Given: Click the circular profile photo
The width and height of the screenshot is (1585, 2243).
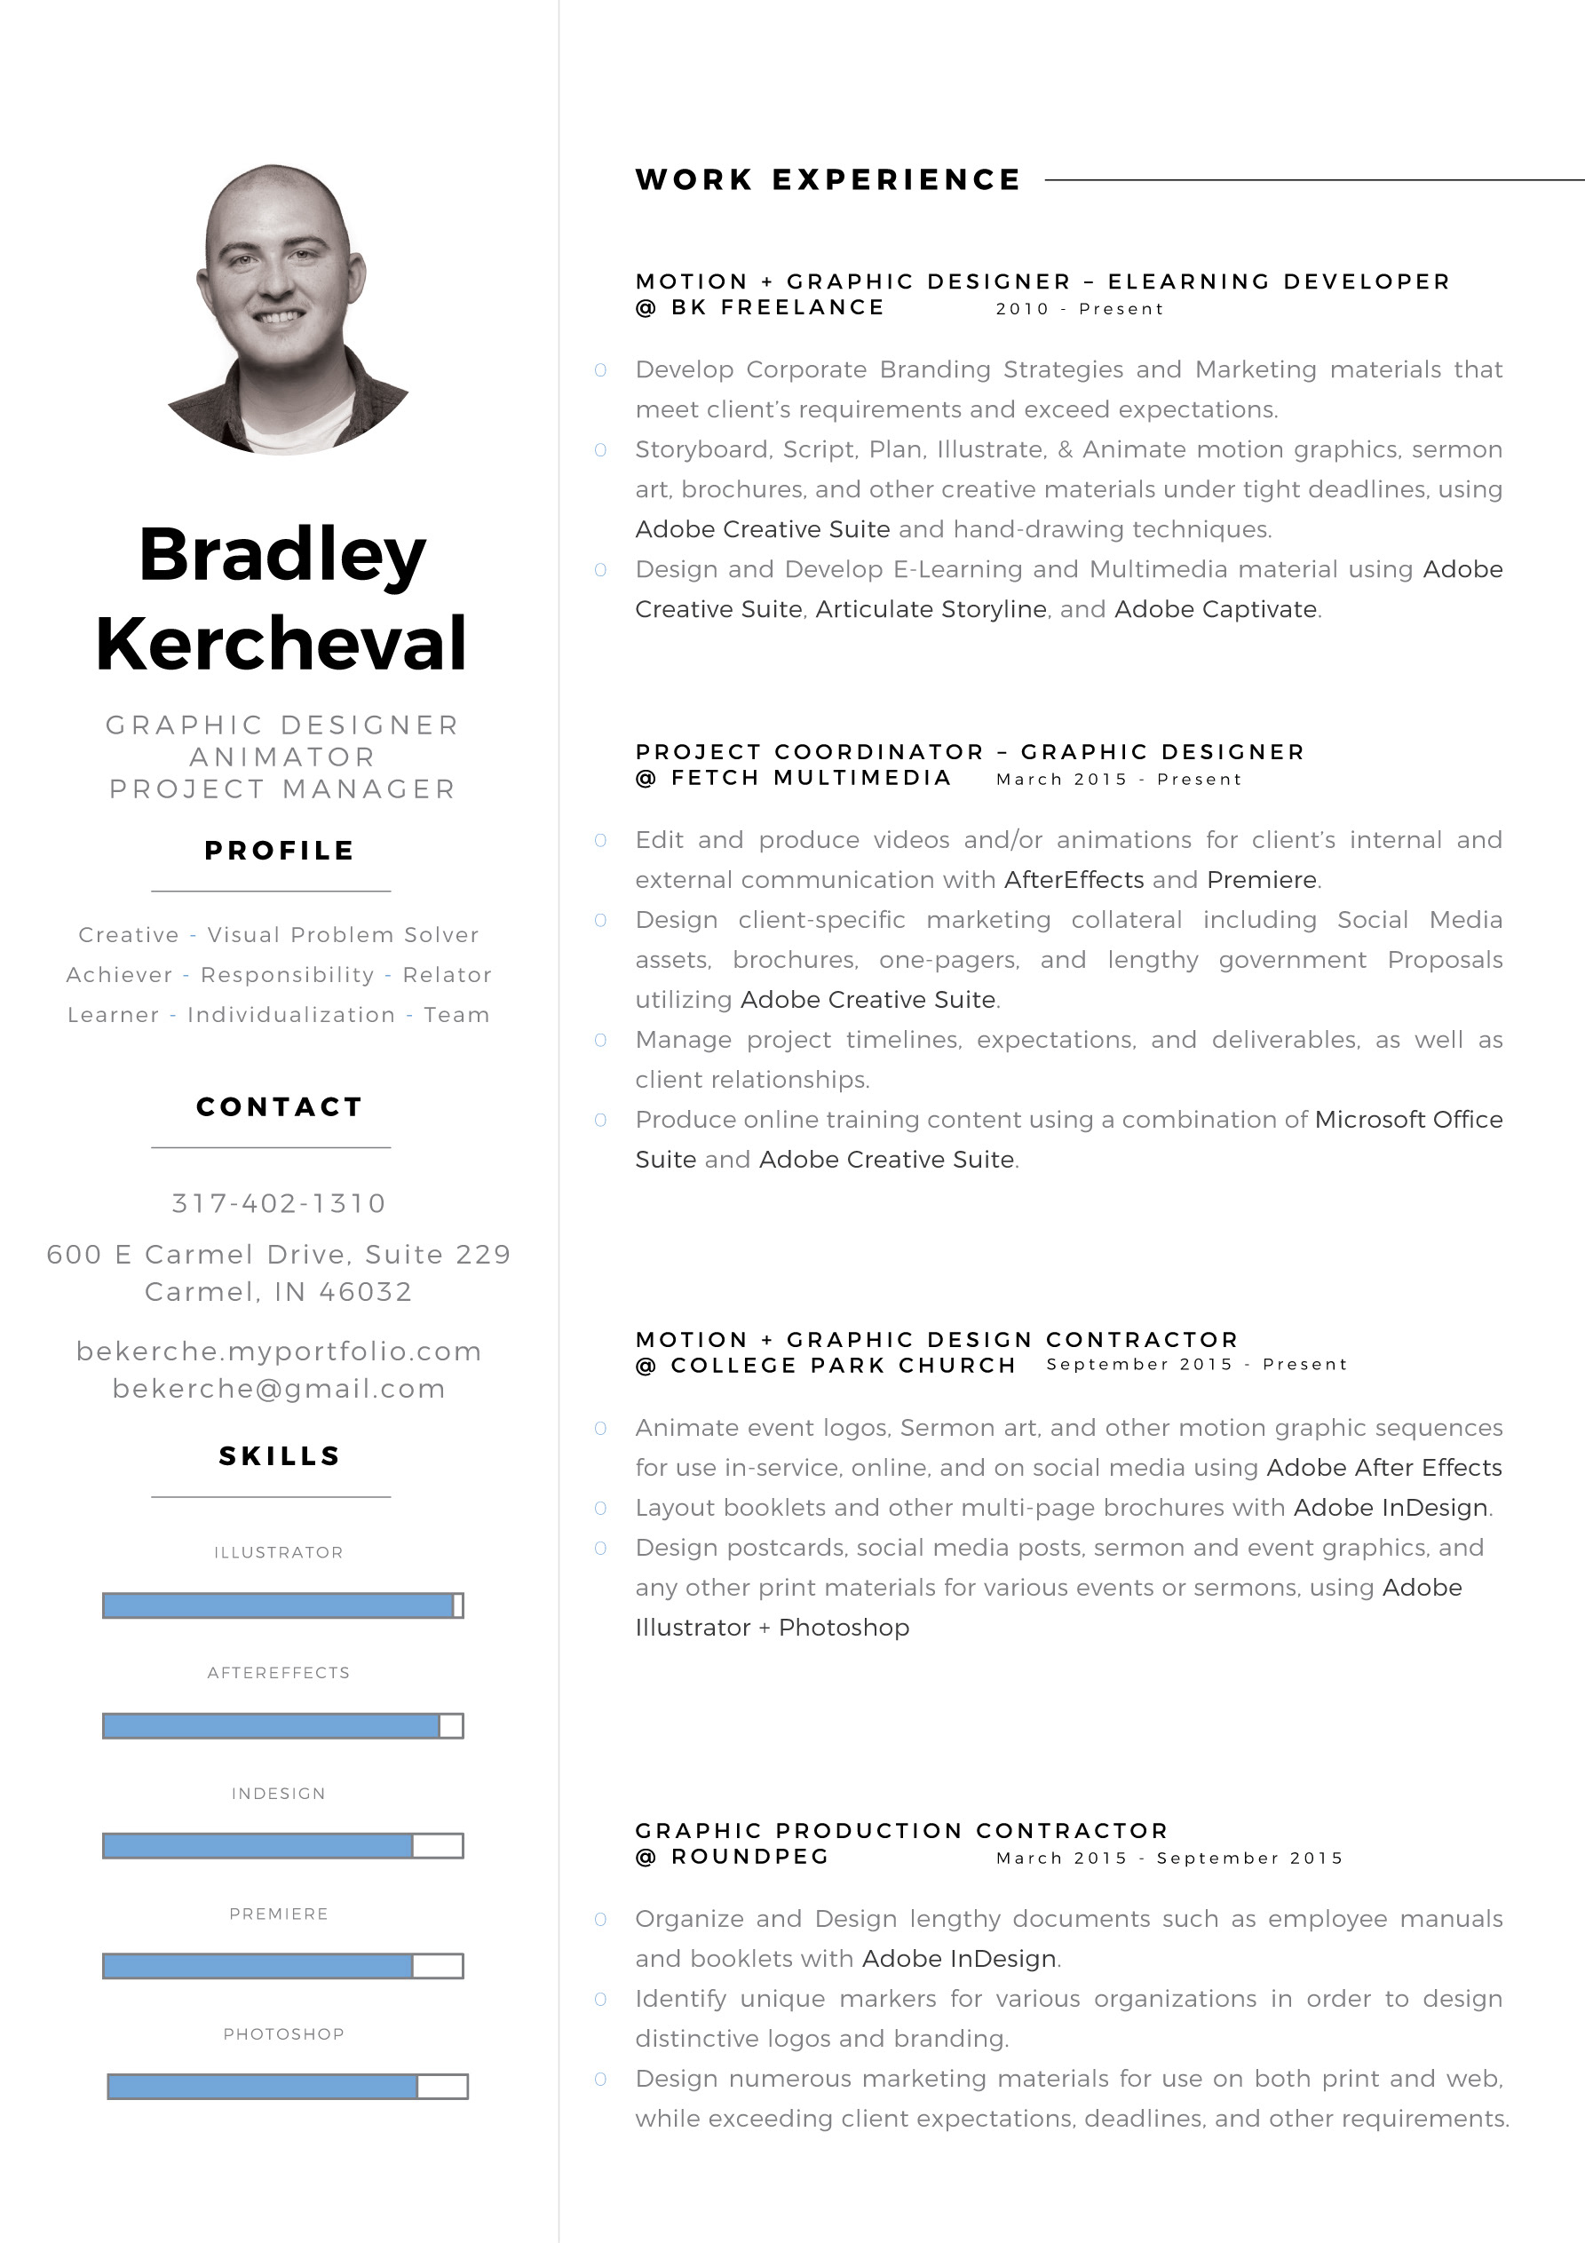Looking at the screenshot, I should pyautogui.click(x=283, y=309).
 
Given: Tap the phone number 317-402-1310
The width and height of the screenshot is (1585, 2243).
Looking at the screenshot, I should pyautogui.click(x=280, y=1202).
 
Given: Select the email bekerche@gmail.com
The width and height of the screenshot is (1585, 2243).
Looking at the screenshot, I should pyautogui.click(x=280, y=1388).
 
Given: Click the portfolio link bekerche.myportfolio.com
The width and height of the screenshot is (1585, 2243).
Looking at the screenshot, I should pyautogui.click(x=280, y=1351).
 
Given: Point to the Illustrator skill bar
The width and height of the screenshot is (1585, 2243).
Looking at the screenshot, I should pyautogui.click(x=282, y=1605).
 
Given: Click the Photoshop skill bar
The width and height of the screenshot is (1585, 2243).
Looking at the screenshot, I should pyautogui.click(x=288, y=2086).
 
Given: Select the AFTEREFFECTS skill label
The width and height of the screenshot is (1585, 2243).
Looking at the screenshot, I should pyautogui.click(x=279, y=1672).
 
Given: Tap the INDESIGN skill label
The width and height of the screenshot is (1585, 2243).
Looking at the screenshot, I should pyautogui.click(x=279, y=1794).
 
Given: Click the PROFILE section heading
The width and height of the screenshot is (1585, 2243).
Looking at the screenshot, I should pyautogui.click(x=280, y=850).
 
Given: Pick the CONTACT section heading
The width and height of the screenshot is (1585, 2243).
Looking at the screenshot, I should pyautogui.click(x=280, y=1106).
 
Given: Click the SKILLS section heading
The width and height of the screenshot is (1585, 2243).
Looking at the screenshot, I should pyautogui.click(x=280, y=1455).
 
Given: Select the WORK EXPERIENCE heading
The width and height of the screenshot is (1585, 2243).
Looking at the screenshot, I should pyautogui.click(x=828, y=179).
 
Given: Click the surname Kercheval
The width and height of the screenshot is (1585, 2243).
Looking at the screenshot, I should pyautogui.click(x=281, y=643).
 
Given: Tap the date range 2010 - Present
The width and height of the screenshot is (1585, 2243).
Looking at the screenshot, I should pyautogui.click(x=1080, y=309).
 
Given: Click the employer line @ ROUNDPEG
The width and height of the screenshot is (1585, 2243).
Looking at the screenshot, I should pyautogui.click(x=732, y=1856).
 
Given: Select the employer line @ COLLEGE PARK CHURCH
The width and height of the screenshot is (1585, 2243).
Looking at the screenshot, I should pyautogui.click(x=826, y=1365).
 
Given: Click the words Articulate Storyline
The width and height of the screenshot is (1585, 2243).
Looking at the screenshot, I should pyautogui.click(x=931, y=608).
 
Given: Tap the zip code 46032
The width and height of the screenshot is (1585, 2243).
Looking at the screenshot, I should pyautogui.click(x=366, y=1291).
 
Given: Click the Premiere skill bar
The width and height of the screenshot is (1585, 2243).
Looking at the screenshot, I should pyautogui.click(x=282, y=1966).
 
